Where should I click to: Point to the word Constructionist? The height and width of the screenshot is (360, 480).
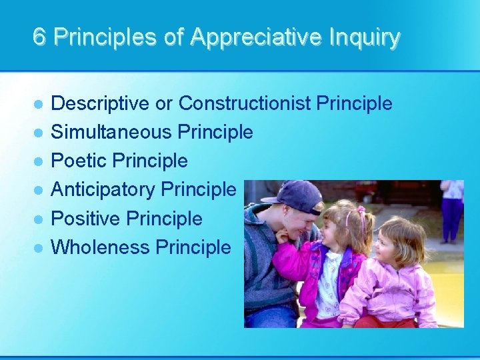click(x=245, y=104)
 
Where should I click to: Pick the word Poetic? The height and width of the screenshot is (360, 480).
click(x=79, y=161)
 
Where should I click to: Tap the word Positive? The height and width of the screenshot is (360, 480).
click(x=85, y=219)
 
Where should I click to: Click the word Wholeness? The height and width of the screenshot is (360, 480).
click(x=101, y=247)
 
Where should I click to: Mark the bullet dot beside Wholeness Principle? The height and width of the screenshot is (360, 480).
click(x=39, y=248)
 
